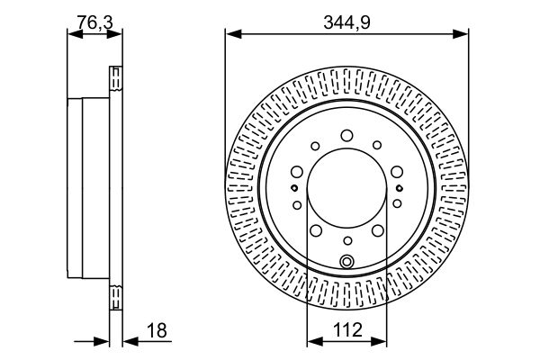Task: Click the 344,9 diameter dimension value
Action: tap(346, 23)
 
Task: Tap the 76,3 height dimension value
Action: tap(94, 22)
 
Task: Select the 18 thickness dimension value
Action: tap(157, 330)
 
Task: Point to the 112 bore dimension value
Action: tap(347, 329)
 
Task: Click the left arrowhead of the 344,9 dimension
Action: tap(233, 34)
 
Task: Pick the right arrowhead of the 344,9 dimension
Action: tap(461, 34)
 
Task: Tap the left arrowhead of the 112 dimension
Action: tap(315, 341)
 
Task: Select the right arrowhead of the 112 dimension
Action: tap(379, 341)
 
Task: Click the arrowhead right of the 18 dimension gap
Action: tap(130, 341)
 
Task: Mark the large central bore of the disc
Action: tap(346, 188)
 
